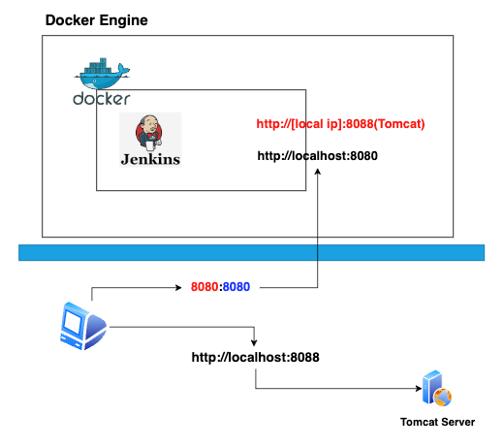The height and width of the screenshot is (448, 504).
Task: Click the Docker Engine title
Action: point(97,20)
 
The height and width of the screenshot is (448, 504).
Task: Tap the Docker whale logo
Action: point(102,74)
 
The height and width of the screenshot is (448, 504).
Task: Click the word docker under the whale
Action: point(102,99)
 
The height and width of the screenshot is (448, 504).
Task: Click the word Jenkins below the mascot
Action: point(150,159)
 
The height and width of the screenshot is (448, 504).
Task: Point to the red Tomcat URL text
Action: point(340,124)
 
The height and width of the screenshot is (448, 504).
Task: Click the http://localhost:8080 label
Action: point(317,156)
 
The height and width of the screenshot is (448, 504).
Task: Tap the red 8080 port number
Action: point(205,287)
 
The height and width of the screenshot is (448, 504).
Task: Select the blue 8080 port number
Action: point(236,287)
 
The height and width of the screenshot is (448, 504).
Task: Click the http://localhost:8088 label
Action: point(255,357)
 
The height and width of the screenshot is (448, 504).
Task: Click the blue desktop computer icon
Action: point(83,326)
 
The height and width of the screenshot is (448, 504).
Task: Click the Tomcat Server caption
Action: point(437,422)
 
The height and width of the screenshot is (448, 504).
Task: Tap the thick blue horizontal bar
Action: point(251,252)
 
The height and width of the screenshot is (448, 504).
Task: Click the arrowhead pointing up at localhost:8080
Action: point(318,172)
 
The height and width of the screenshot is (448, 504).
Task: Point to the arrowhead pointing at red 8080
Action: point(178,287)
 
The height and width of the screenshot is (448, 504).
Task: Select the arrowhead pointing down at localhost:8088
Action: point(254,343)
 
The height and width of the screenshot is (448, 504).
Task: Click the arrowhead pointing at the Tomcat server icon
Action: point(419,388)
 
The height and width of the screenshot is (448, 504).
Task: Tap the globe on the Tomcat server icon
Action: point(443,398)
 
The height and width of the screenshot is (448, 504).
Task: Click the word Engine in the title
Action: point(123,20)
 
